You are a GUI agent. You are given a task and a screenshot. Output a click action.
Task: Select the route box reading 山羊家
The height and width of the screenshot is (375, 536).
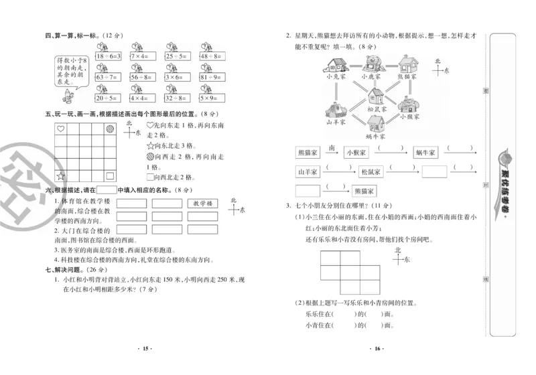tap(310, 172)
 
